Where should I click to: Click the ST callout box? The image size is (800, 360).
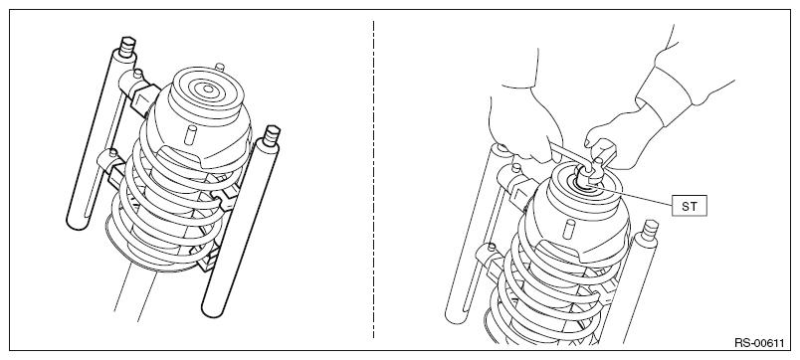click(x=690, y=206)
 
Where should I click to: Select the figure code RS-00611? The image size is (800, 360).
click(x=758, y=343)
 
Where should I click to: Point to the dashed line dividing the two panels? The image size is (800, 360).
click(x=373, y=179)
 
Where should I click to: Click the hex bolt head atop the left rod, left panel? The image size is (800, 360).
click(x=128, y=46)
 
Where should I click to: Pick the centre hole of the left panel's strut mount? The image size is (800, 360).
click(x=208, y=90)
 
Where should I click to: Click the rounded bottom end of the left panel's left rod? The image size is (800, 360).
click(x=76, y=222)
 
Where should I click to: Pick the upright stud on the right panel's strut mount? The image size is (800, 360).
click(x=569, y=228)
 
